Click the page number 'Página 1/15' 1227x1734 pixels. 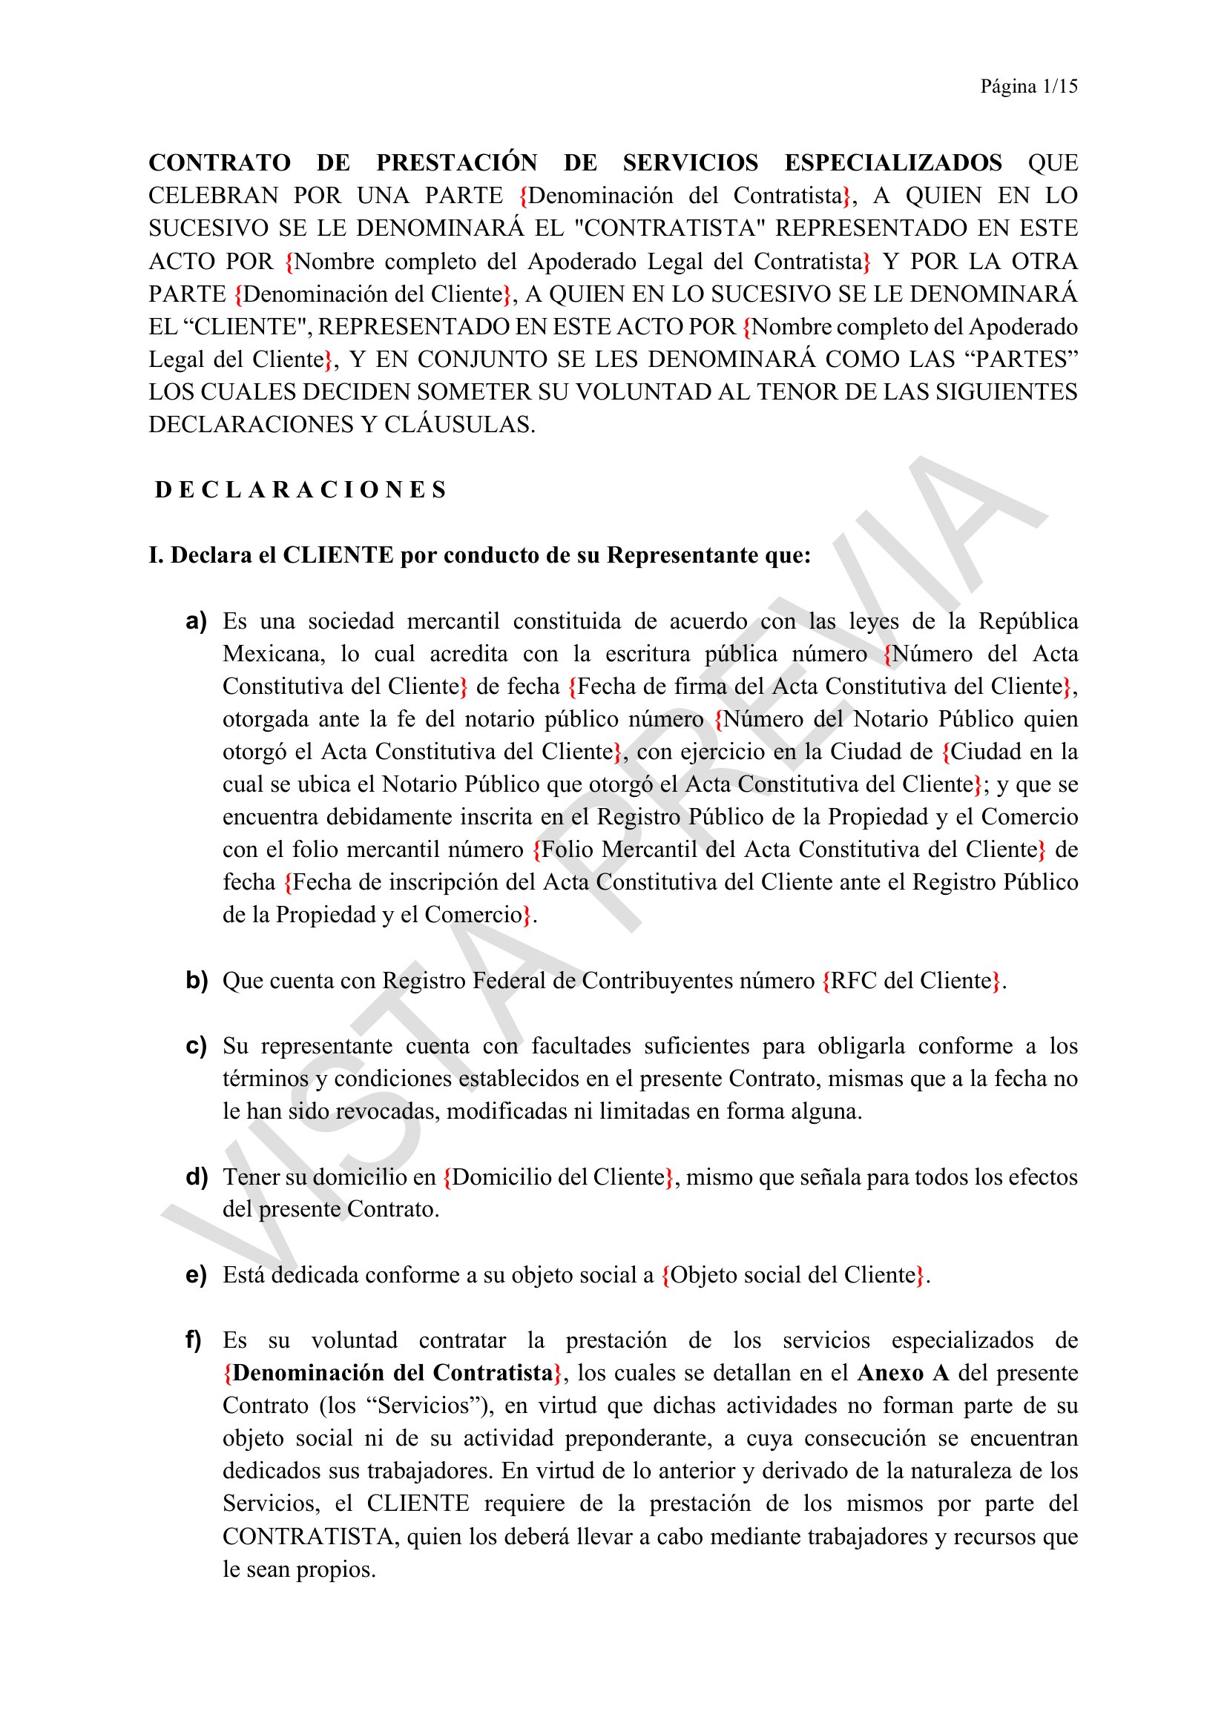tap(1028, 87)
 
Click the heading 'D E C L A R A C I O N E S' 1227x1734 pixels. tap(300, 490)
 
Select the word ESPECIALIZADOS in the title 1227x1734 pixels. tap(893, 163)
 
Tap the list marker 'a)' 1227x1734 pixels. tap(197, 621)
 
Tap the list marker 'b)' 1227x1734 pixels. tap(197, 980)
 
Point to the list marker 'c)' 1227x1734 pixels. tap(197, 1046)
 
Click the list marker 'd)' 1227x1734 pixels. tap(197, 1177)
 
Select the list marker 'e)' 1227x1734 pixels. tap(197, 1275)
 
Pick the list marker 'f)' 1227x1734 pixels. tap(194, 1340)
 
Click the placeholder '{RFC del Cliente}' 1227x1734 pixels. tap(913, 980)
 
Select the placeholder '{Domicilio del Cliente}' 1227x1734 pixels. tap(559, 1177)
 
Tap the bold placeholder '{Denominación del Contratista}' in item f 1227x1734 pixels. tap(393, 1373)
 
